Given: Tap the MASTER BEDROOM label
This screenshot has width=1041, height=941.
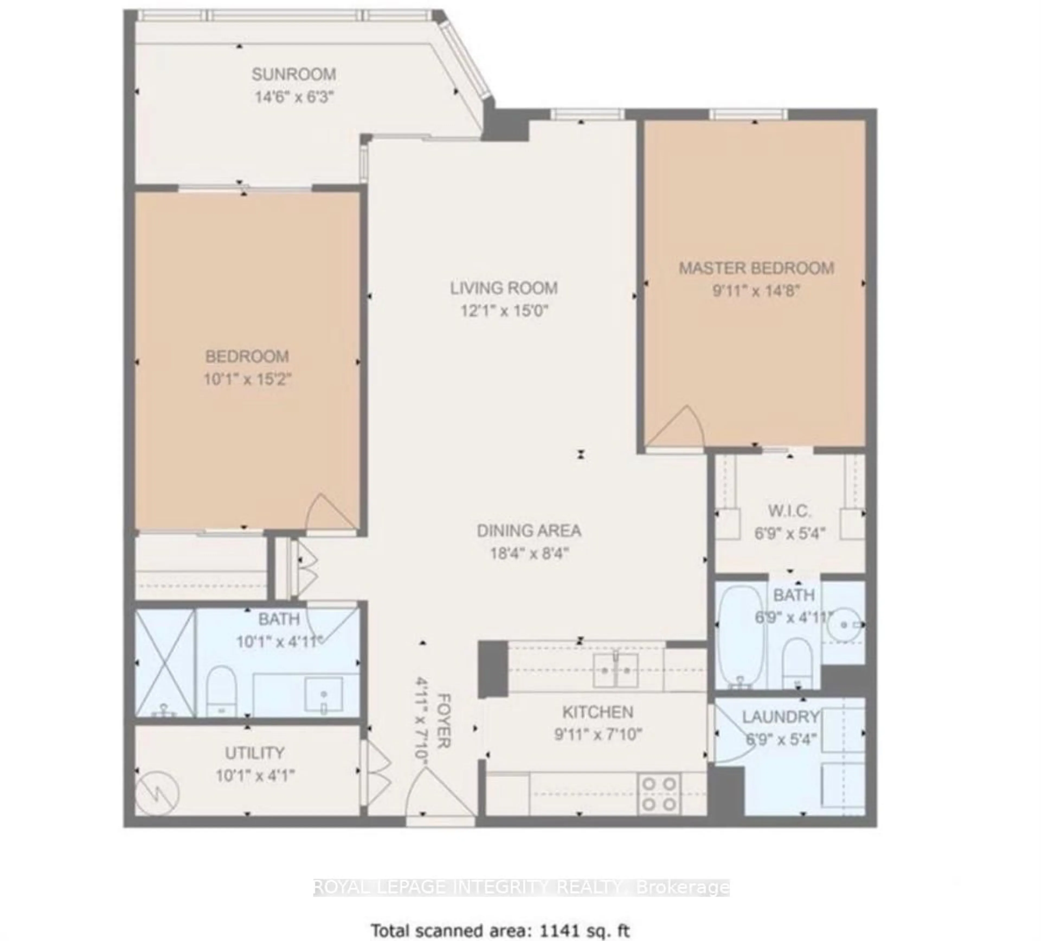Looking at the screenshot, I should click(756, 268).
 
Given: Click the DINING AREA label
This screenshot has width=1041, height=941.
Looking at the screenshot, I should click(529, 531).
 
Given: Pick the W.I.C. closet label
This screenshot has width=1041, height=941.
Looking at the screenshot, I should click(789, 511).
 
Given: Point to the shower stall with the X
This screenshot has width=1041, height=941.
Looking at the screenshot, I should click(165, 662).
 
